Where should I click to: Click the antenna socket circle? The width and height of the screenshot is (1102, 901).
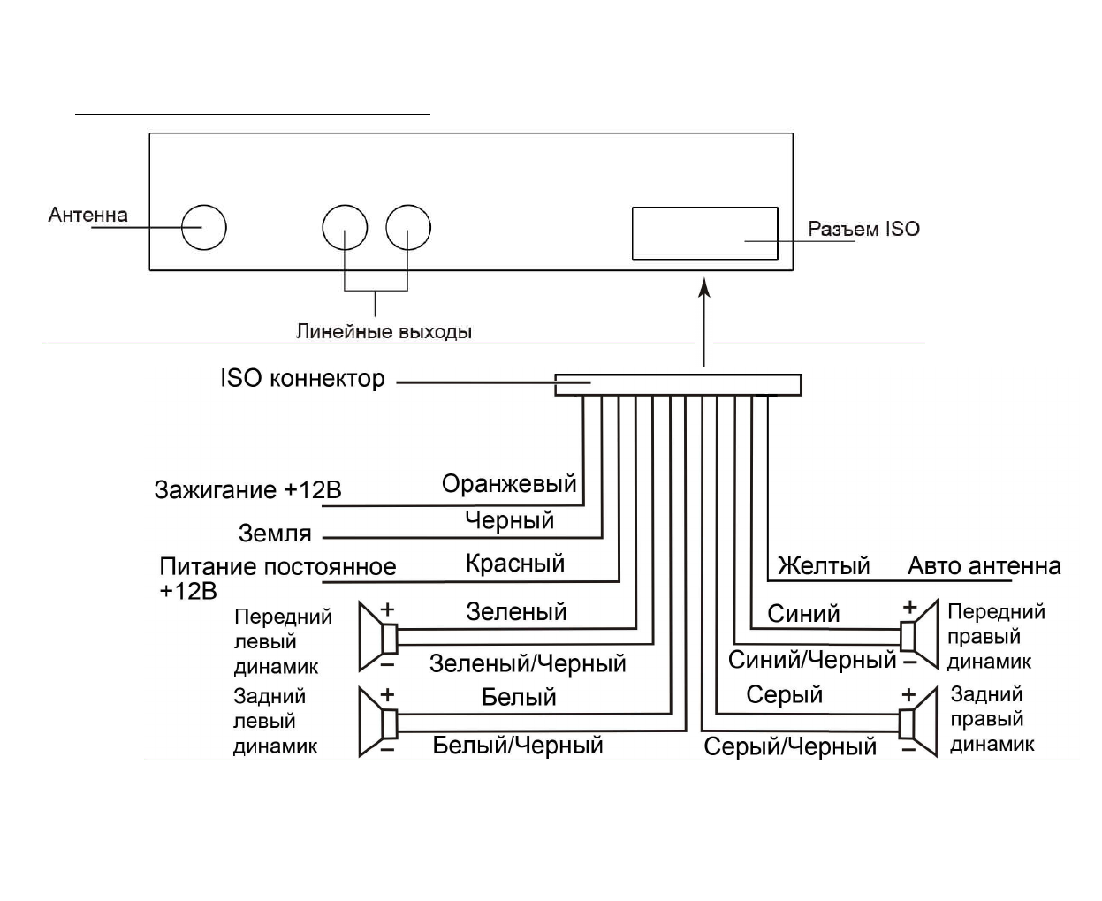204,228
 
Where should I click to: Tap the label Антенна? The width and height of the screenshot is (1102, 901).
87,215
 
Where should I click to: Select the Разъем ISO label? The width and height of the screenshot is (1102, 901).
863,229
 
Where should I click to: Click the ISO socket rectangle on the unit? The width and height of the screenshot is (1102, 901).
704,233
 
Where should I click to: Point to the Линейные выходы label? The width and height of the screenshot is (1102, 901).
384,332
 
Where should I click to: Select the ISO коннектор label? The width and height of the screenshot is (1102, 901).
302,379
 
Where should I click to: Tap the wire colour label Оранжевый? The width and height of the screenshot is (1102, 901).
509,484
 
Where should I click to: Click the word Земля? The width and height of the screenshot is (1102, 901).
275,534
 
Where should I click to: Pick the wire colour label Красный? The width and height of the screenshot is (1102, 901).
514,564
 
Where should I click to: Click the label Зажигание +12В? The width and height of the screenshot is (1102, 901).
247,489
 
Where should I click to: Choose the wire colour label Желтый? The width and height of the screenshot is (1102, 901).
824,565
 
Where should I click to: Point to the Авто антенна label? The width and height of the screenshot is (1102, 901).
984,565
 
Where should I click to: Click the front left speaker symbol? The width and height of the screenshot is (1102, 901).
378,636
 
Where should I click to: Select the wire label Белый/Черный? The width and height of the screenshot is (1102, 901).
518,746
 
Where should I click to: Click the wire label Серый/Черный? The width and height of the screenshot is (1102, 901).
790,747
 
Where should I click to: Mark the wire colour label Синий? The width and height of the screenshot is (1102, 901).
803,614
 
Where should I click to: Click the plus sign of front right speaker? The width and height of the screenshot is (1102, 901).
909,607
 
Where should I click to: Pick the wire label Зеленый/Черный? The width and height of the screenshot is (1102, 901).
528,663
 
